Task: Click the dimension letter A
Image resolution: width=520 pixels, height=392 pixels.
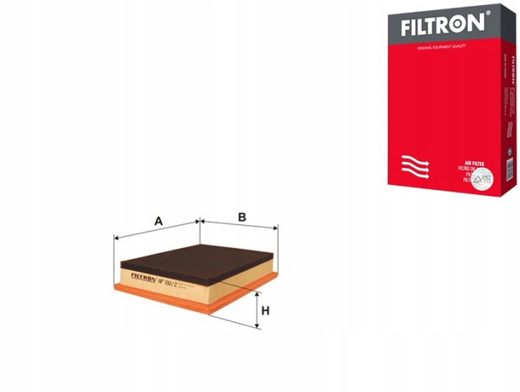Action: point(157,222)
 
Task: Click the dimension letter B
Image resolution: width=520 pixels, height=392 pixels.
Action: point(243,216)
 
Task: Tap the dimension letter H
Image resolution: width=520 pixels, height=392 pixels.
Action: point(265,312)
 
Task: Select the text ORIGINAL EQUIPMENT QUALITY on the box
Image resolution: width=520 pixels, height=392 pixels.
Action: point(439,47)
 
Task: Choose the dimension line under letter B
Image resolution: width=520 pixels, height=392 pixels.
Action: point(238,226)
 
